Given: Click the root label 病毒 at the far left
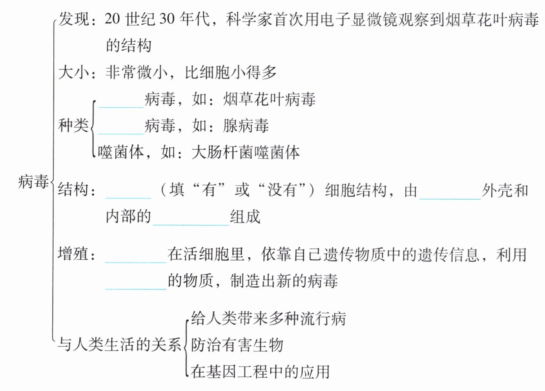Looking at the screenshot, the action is click(x=33, y=182).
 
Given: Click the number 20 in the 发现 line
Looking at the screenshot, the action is click(x=112, y=19).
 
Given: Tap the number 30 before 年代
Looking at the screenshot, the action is click(x=167, y=19).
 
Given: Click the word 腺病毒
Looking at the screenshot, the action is click(x=246, y=126).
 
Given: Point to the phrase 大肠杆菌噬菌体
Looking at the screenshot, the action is click(x=246, y=152).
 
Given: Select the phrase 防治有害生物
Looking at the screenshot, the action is click(x=237, y=345).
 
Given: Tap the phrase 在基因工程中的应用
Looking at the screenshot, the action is click(x=261, y=371).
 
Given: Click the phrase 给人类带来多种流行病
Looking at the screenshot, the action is click(x=268, y=318).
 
